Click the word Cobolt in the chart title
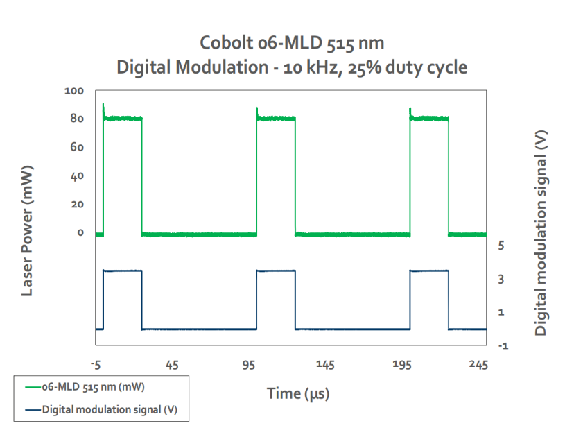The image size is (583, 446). (x=227, y=43)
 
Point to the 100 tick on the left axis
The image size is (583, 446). (x=74, y=91)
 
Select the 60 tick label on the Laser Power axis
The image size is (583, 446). (x=77, y=147)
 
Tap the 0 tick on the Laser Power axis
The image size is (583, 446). (x=80, y=232)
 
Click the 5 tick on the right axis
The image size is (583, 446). (x=501, y=246)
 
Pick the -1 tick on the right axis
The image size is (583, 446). (x=503, y=346)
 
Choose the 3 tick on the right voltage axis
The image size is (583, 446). (x=501, y=279)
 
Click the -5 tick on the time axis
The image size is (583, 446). (x=96, y=366)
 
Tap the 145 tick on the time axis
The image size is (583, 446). (x=325, y=365)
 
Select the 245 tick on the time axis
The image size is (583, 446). (x=478, y=365)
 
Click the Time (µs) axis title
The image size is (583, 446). (x=298, y=393)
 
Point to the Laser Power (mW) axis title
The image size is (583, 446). (x=27, y=230)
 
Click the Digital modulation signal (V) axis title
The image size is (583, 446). (x=541, y=233)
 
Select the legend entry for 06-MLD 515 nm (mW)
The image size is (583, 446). (x=85, y=387)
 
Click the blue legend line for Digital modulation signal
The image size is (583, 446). (x=33, y=410)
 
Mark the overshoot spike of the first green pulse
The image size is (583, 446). (x=103, y=107)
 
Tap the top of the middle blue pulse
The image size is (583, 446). (x=276, y=271)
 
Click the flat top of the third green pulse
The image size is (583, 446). (x=430, y=119)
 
